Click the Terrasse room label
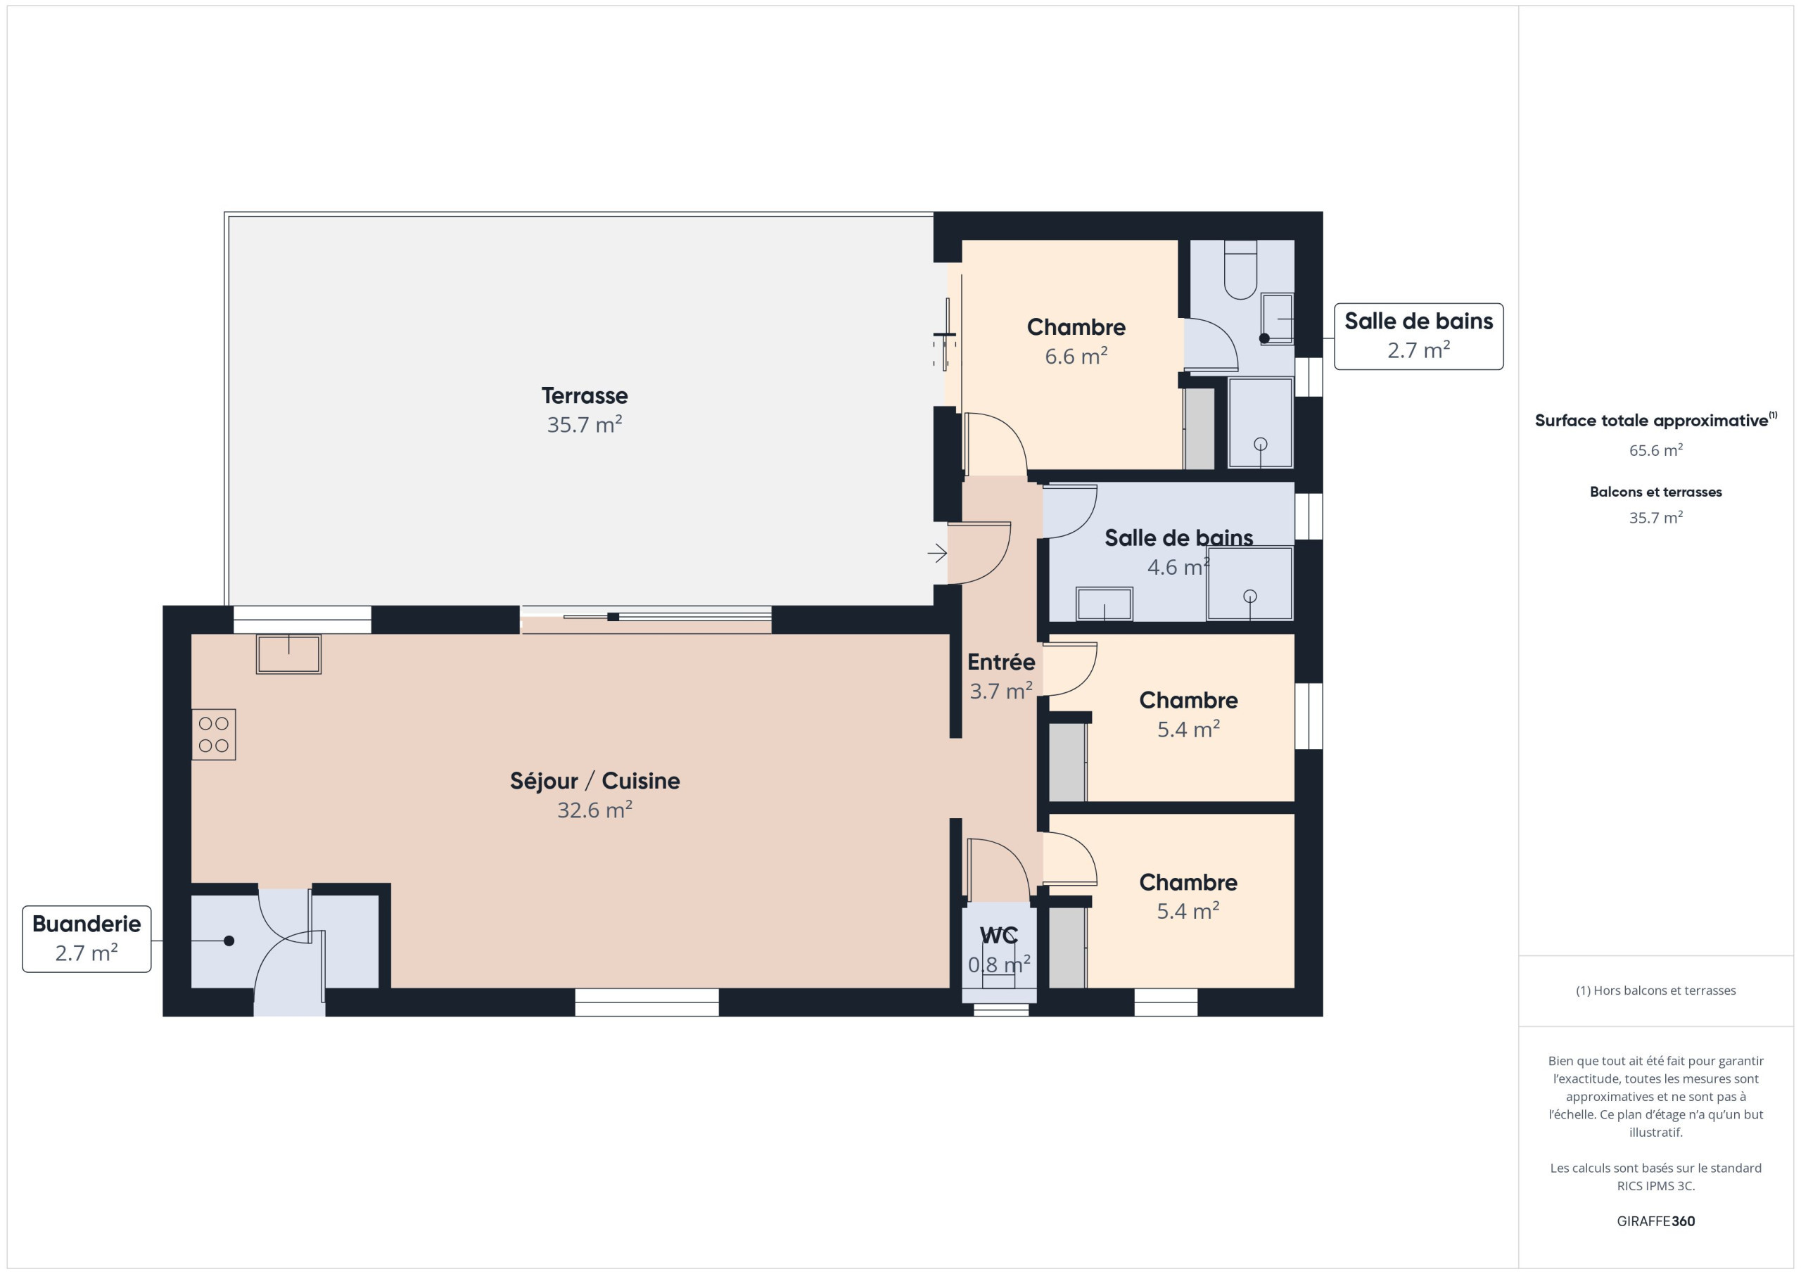pos(585,395)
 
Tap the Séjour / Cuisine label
pos(594,782)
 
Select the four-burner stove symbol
pos(213,734)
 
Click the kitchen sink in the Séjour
pos(288,654)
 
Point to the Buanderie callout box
pos(87,939)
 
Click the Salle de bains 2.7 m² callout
pos(1419,336)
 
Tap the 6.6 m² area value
pos(1076,356)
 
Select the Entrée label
pos(1001,662)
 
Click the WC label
pos(998,935)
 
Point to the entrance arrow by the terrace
pos(937,553)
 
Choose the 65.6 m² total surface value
pos(1656,450)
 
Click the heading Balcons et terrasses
pos(1656,492)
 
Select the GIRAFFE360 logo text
pos(1656,1221)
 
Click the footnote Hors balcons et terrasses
pos(1656,990)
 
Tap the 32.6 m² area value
pos(594,810)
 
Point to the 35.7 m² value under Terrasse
pos(585,424)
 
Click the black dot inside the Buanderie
pos(229,941)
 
